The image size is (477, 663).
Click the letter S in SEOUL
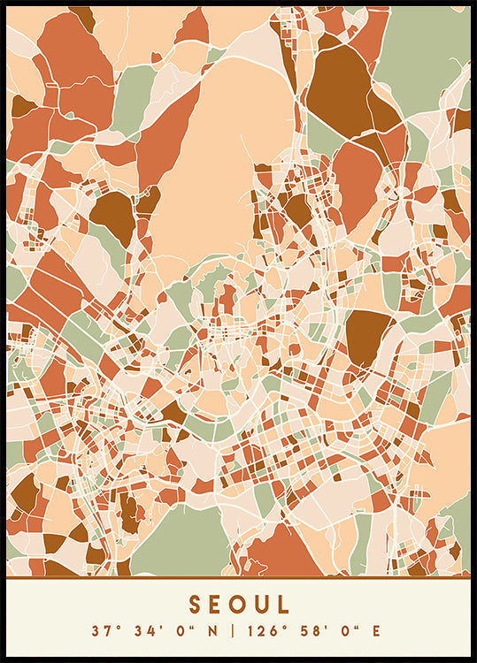[x=195, y=605]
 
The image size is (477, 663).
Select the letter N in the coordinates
[x=210, y=630]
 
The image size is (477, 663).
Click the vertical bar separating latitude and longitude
[x=233, y=630]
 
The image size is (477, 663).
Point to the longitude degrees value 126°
[x=263, y=630]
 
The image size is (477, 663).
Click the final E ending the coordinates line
[x=376, y=630]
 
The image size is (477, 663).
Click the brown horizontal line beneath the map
[x=238, y=577]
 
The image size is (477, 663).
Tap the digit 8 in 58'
[x=310, y=630]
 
